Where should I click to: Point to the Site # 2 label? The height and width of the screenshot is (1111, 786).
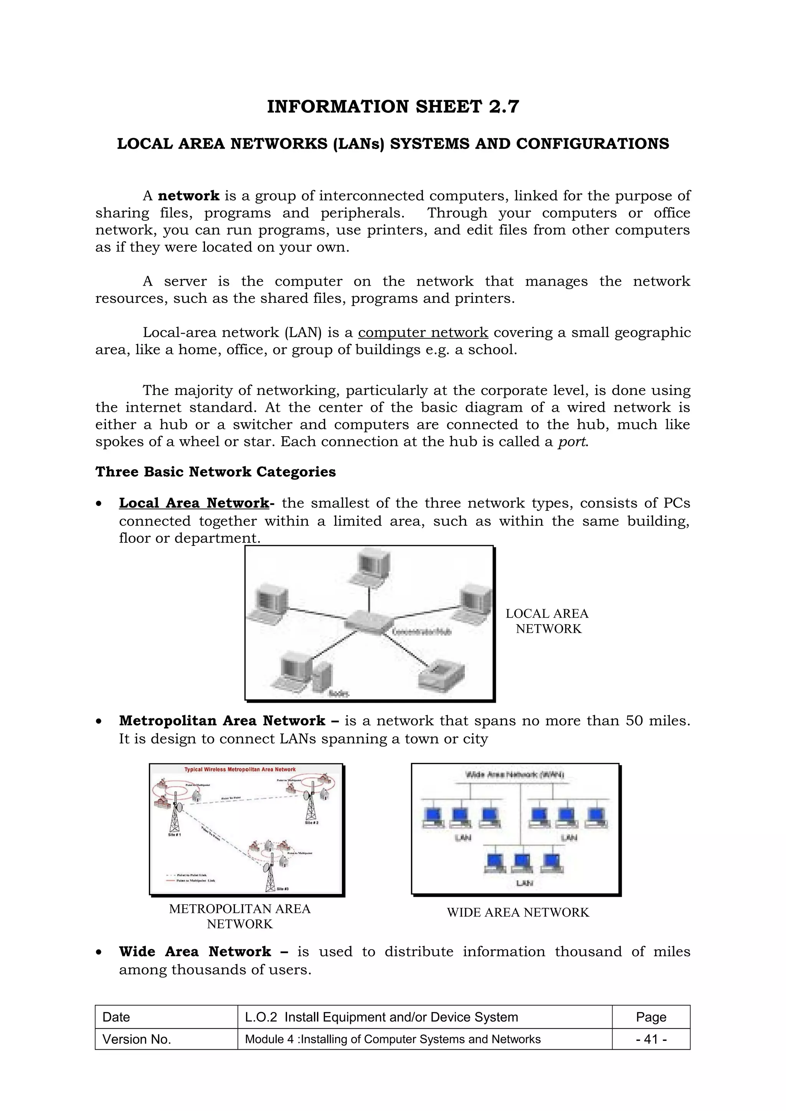click(311, 823)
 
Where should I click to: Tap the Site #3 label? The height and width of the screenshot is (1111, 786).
click(283, 889)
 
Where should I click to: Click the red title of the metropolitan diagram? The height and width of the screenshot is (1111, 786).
click(240, 769)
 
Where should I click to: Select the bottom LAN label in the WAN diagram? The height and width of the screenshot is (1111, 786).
click(525, 883)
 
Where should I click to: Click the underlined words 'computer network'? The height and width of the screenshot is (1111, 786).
click(423, 333)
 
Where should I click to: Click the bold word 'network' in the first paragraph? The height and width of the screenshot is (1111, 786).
click(188, 196)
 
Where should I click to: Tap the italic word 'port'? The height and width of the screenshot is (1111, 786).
click(572, 442)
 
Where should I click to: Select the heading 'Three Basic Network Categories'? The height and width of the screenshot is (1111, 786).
click(216, 472)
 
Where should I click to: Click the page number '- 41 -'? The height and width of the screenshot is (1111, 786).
click(651, 1039)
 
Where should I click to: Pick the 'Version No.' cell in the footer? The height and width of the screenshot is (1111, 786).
click(137, 1039)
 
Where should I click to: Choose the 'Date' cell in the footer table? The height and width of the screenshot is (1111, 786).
click(116, 1017)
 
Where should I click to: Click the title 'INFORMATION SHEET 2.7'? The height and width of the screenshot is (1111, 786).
click(393, 107)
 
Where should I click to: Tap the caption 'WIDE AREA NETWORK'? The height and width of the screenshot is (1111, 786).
click(518, 912)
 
